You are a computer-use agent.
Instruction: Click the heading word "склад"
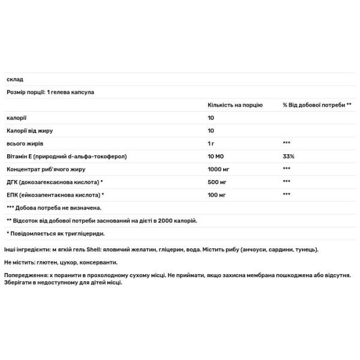tap(14, 79)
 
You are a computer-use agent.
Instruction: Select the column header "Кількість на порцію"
tap(235, 104)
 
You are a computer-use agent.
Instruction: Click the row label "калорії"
tap(16, 118)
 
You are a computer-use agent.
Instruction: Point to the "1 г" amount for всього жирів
tap(211, 143)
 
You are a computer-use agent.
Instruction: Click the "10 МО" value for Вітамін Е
tap(215, 156)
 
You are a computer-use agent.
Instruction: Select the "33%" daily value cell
tap(289, 156)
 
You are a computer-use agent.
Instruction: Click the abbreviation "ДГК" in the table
tap(13, 182)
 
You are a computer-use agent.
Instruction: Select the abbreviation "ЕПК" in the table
tap(13, 195)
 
